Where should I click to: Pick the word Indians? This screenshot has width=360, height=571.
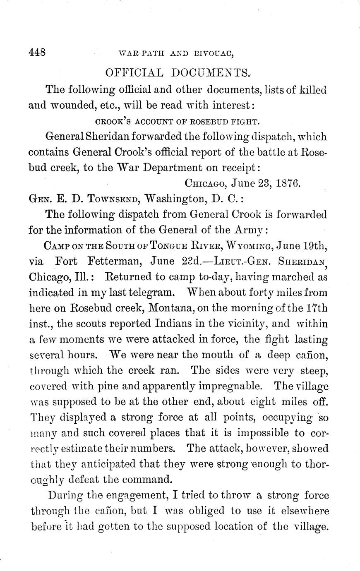coord(175,324)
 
